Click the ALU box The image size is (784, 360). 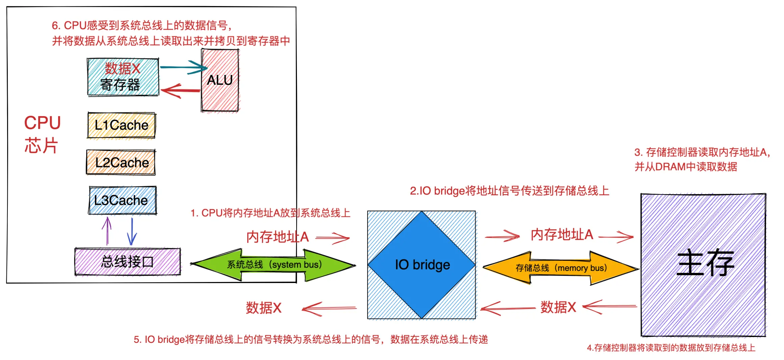pos(220,80)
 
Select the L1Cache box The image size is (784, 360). pos(121,125)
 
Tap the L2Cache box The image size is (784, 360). pos(121,162)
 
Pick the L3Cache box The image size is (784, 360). pos(123,200)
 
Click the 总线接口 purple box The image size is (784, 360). pos(127,262)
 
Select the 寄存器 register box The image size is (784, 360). pos(123,77)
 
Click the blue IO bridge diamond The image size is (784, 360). pos(422,265)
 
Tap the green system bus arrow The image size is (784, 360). pos(274,265)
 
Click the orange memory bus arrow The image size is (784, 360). pos(561,268)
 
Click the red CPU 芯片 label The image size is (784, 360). pos(42,134)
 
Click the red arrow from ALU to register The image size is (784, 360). pos(181,91)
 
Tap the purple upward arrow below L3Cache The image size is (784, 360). pos(107,230)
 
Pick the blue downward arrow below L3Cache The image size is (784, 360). pos(132,231)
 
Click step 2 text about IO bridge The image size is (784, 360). pos(509,191)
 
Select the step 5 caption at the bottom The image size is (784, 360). pos(310,339)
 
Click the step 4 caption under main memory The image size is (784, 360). pos(671,348)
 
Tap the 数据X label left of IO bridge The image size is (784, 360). pos(263,308)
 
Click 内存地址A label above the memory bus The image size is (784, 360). pos(562,235)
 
